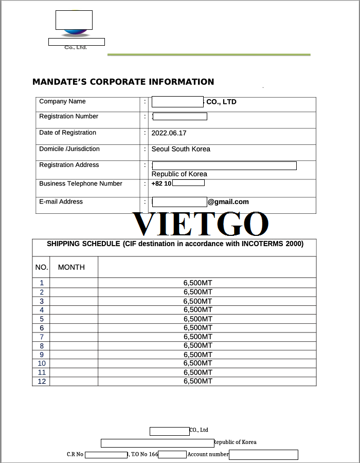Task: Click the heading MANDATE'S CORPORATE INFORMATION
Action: [x=123, y=82]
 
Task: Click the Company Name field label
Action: [x=62, y=102]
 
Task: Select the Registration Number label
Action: [x=68, y=117]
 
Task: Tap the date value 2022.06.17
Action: [x=169, y=133]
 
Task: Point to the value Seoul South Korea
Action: [x=181, y=149]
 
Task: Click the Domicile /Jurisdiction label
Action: [x=69, y=149]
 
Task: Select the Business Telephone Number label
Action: [x=81, y=183]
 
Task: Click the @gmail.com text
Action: [x=228, y=202]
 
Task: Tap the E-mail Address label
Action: [x=61, y=202]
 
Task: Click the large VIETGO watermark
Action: [x=201, y=224]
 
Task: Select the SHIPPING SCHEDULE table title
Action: [x=175, y=244]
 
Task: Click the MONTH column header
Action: [x=71, y=267]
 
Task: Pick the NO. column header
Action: [x=42, y=267]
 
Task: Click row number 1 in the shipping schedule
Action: [x=42, y=283]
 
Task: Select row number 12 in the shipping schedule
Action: [x=42, y=381]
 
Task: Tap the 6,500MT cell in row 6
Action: [x=197, y=327]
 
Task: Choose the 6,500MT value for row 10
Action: [x=197, y=363]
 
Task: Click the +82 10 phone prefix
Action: [x=161, y=183]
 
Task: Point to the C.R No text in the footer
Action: [x=75, y=455]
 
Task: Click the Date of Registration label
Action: [x=67, y=133]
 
